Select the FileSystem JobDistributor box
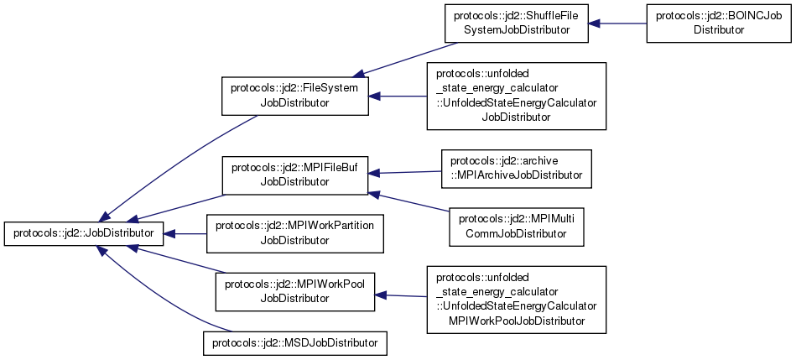click(x=294, y=95)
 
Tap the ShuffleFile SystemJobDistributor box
click(x=516, y=23)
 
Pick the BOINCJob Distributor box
click(x=718, y=23)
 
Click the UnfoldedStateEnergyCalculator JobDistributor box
click(x=516, y=95)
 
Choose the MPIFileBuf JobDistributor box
click(x=294, y=174)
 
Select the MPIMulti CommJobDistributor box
click(x=516, y=227)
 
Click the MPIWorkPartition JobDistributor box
click(x=294, y=233)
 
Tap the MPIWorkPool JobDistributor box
click(x=294, y=290)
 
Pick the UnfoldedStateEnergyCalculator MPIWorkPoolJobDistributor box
click(x=516, y=298)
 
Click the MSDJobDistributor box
click(x=294, y=342)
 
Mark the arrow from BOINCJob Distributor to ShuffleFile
click(x=617, y=23)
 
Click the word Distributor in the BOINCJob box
click(x=718, y=29)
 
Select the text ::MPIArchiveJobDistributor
click(x=517, y=175)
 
